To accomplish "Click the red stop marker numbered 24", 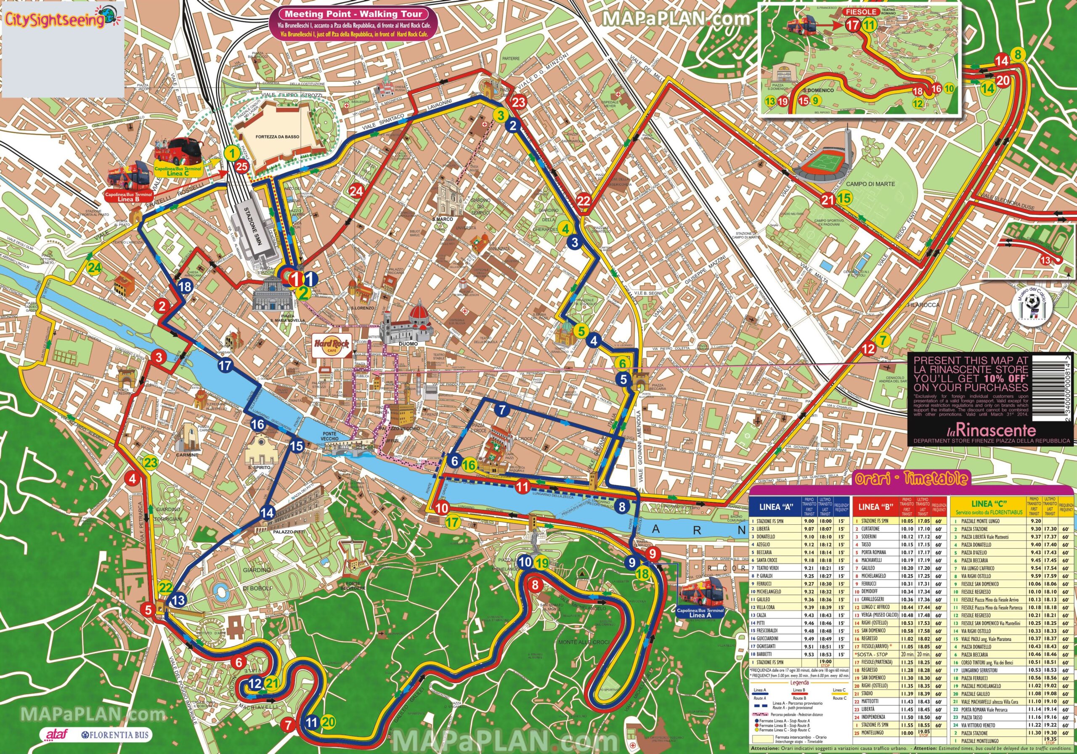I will (356, 191).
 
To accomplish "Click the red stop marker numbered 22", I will (584, 201).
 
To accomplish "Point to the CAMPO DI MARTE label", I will (870, 184).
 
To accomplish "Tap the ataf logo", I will (56, 733).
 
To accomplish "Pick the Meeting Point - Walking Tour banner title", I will (354, 14).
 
